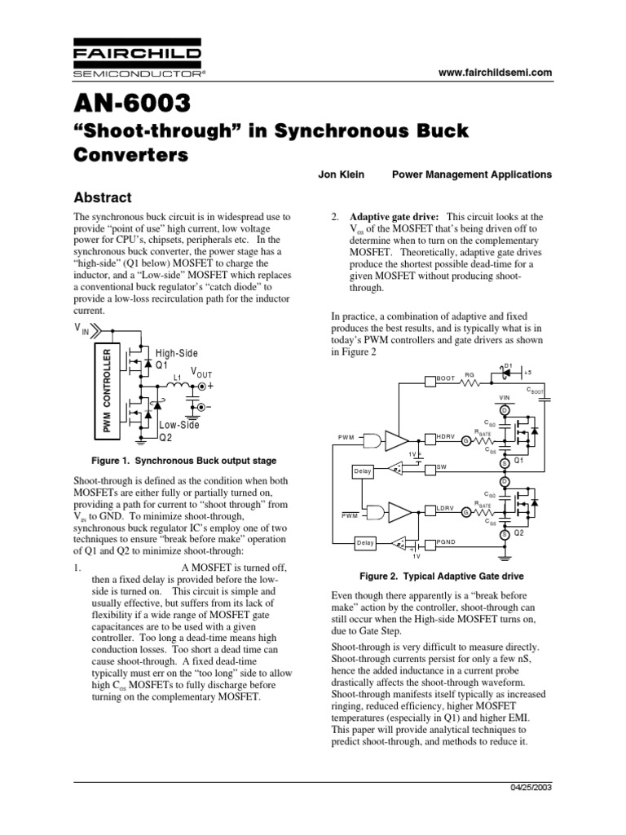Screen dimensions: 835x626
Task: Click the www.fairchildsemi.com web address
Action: (x=495, y=73)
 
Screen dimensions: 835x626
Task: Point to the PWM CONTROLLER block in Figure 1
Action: (x=105, y=387)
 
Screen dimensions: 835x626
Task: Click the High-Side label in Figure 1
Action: (x=177, y=352)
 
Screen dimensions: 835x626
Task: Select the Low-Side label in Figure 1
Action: (x=179, y=425)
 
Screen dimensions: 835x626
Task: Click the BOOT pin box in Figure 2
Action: (x=443, y=379)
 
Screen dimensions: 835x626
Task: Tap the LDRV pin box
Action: (x=444, y=510)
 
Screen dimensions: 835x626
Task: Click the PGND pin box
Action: (x=445, y=541)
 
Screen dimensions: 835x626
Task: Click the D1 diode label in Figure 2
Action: (x=508, y=365)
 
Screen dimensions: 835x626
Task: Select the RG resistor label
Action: (x=469, y=376)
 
